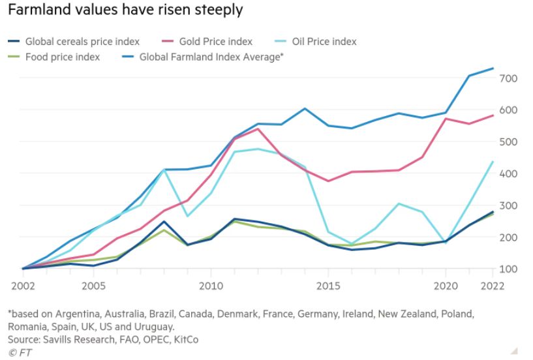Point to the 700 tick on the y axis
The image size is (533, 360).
click(508, 78)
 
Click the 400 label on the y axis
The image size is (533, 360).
click(508, 173)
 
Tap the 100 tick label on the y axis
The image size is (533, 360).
click(508, 269)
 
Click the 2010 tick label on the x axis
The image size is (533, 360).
click(210, 285)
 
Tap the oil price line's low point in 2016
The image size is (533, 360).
click(352, 244)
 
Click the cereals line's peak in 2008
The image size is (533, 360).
click(163, 221)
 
